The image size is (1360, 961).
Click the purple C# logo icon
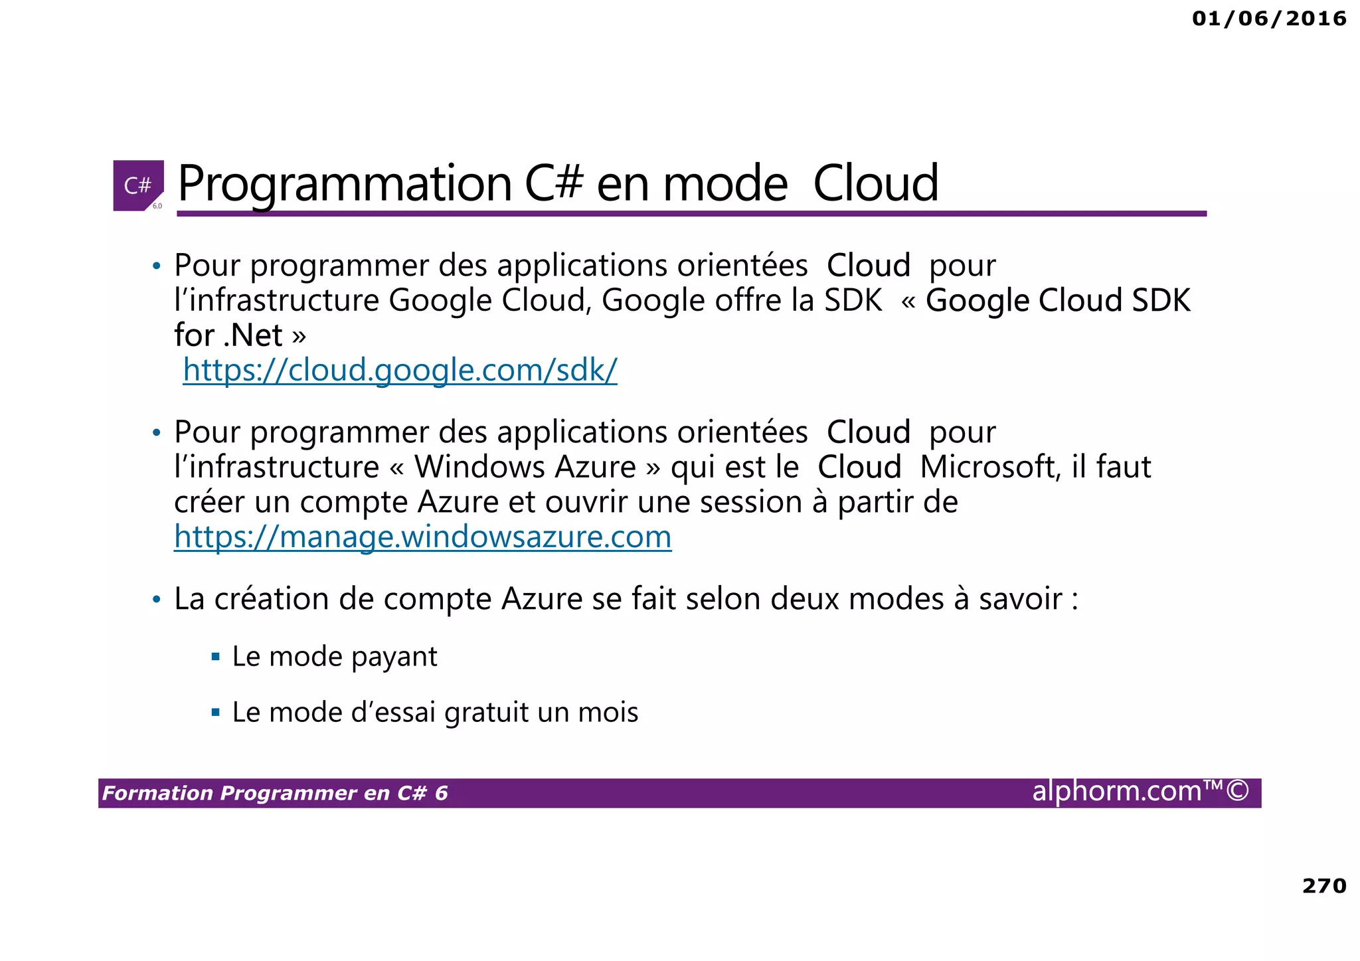[x=138, y=185]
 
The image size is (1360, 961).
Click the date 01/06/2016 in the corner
[x=1269, y=19]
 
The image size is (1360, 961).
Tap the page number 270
[x=1324, y=885]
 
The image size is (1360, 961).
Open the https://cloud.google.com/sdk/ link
[x=400, y=370]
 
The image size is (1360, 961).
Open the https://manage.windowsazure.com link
[x=422, y=537]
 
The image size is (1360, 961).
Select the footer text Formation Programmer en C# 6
[x=275, y=793]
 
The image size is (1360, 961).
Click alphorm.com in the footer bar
[x=1117, y=791]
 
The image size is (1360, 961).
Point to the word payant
[x=394, y=657]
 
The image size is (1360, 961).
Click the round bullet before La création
[x=156, y=600]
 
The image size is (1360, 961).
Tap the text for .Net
[x=229, y=335]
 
